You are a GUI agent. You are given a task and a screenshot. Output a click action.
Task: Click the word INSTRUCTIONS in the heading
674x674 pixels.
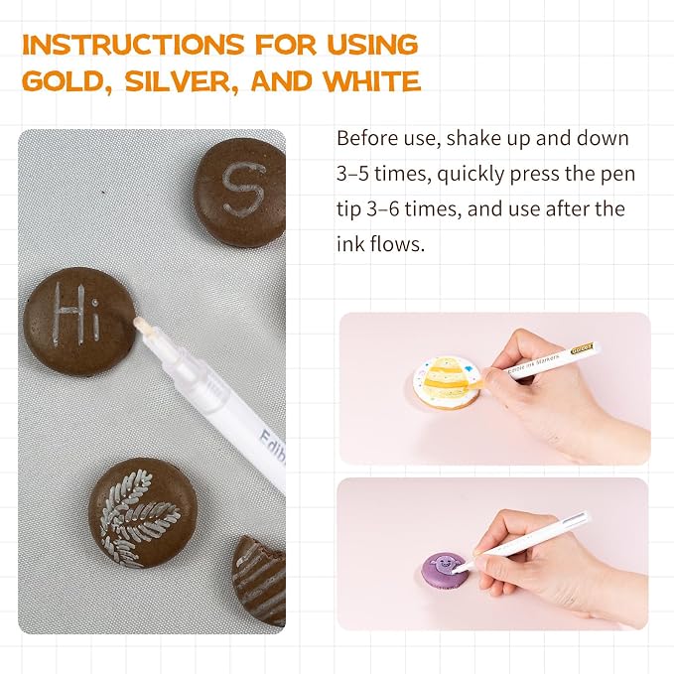(x=133, y=45)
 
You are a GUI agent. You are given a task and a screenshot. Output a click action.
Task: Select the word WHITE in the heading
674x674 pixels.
(x=372, y=81)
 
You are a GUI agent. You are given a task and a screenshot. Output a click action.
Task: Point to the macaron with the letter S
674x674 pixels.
(x=240, y=193)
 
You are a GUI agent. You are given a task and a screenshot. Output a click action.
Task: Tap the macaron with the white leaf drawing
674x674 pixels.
(x=143, y=513)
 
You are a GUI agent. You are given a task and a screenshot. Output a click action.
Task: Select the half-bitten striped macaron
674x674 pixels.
(x=259, y=581)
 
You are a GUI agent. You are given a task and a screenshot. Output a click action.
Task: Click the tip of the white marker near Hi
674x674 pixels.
(x=137, y=321)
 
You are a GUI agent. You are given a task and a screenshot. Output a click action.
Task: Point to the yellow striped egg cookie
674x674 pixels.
(x=447, y=382)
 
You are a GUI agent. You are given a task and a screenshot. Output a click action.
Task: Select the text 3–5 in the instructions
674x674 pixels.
(x=352, y=174)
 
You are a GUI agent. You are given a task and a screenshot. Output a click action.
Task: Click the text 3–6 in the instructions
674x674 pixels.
(x=382, y=209)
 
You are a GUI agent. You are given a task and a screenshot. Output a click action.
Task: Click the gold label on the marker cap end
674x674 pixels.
(x=582, y=348)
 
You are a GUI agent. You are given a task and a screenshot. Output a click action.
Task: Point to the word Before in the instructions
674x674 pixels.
(x=367, y=138)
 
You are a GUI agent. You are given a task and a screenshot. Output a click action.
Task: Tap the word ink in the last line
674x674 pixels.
(x=349, y=244)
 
